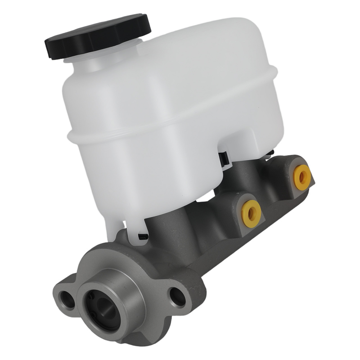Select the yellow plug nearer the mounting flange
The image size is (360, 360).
tap(251, 213)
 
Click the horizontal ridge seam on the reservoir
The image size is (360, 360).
tap(173, 119)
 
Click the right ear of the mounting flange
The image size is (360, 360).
tap(187, 292)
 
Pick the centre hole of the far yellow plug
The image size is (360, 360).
tap(302, 177)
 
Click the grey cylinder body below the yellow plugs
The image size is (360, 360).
tap(230, 245)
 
